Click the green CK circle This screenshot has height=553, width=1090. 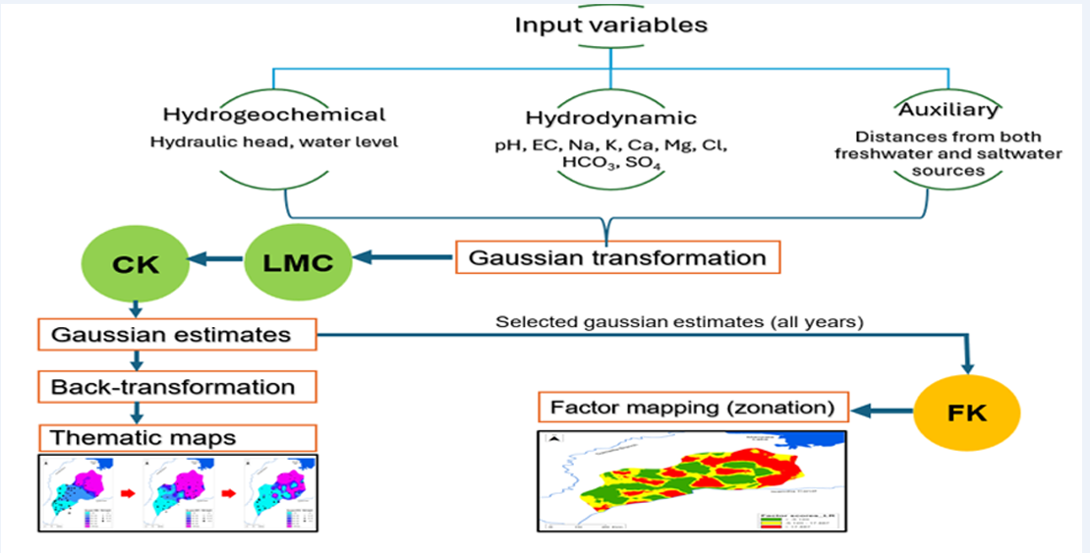point(124,263)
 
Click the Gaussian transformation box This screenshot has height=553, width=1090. point(617,258)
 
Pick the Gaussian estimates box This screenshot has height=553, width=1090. point(178,335)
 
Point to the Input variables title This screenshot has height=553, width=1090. point(610,25)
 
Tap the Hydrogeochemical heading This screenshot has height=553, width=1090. point(274,115)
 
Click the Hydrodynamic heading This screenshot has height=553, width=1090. point(610,118)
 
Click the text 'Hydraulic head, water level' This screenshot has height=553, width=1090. point(274,141)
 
